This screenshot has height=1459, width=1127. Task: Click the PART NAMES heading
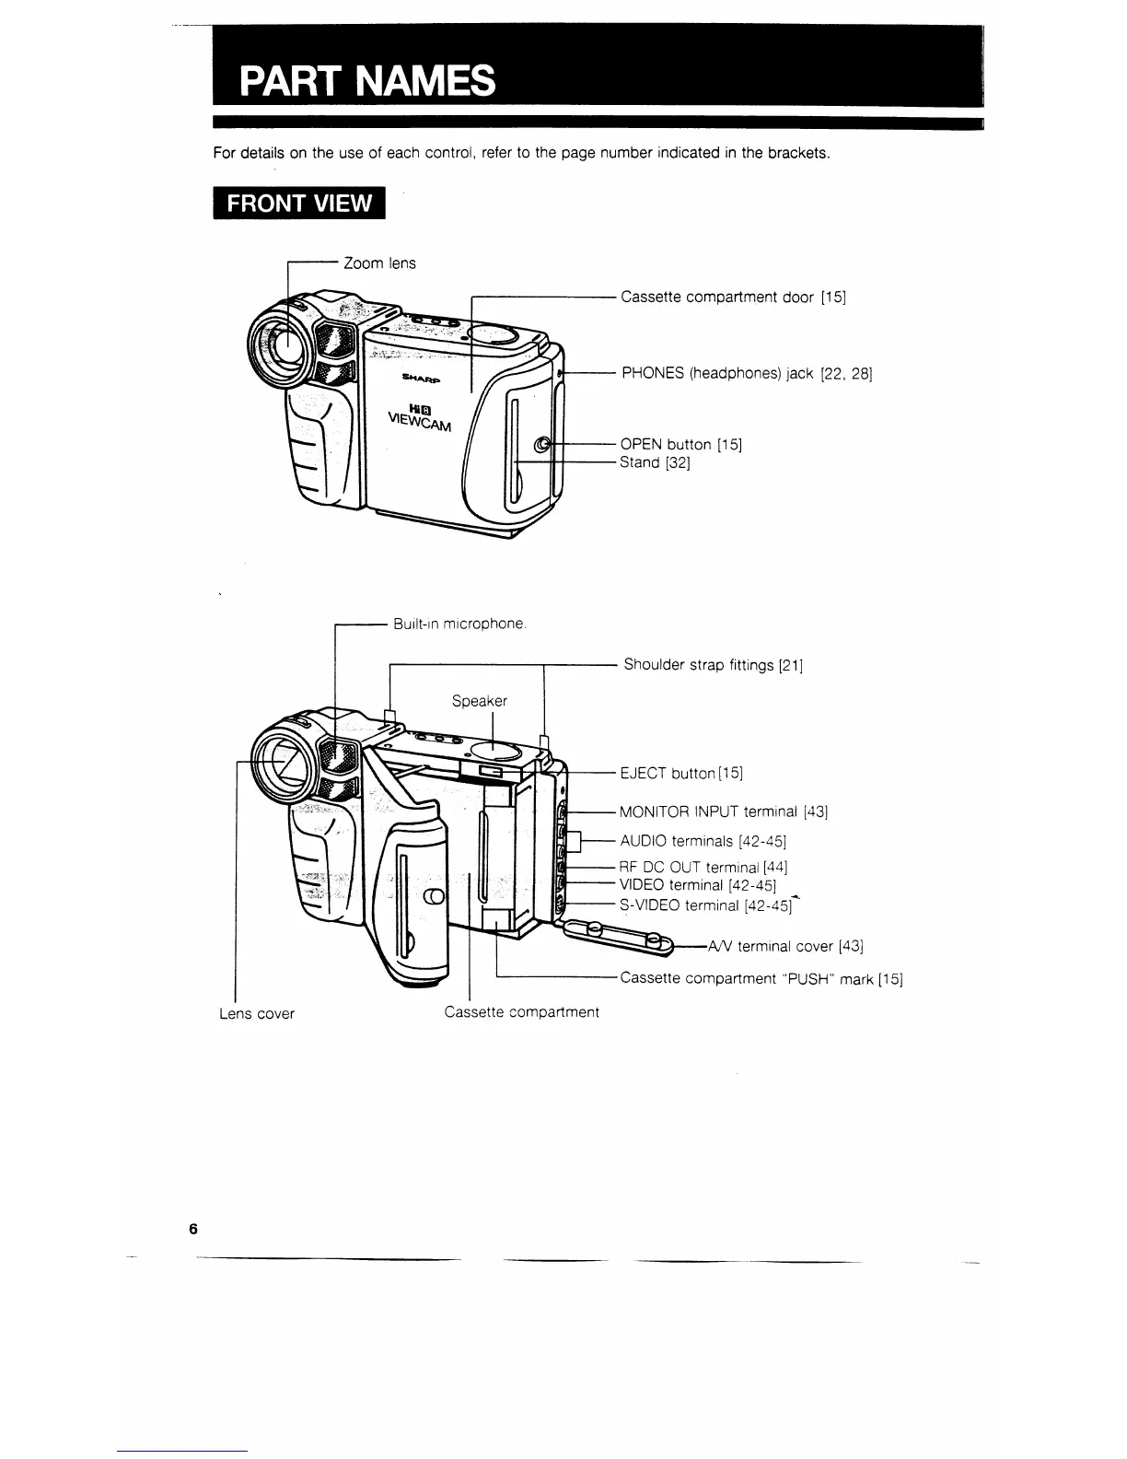[366, 81]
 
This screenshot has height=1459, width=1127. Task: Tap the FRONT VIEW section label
[298, 204]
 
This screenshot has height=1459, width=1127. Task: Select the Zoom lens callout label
[379, 263]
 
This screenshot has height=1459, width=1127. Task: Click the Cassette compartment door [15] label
[733, 297]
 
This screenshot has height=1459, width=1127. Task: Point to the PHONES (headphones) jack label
[747, 373]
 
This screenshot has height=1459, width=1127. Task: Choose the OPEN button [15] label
[680, 445]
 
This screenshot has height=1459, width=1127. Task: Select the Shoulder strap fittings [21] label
[714, 665]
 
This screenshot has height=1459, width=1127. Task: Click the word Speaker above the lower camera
[479, 701]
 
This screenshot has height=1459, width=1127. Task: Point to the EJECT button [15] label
[681, 773]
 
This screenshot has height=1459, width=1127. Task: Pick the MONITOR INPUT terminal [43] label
[724, 812]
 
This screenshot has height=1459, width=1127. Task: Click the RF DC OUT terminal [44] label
[703, 868]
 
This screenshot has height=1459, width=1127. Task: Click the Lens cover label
[257, 1014]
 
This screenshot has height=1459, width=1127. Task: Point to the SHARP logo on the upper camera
[421, 378]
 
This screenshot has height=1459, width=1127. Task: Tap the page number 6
[192, 1229]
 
